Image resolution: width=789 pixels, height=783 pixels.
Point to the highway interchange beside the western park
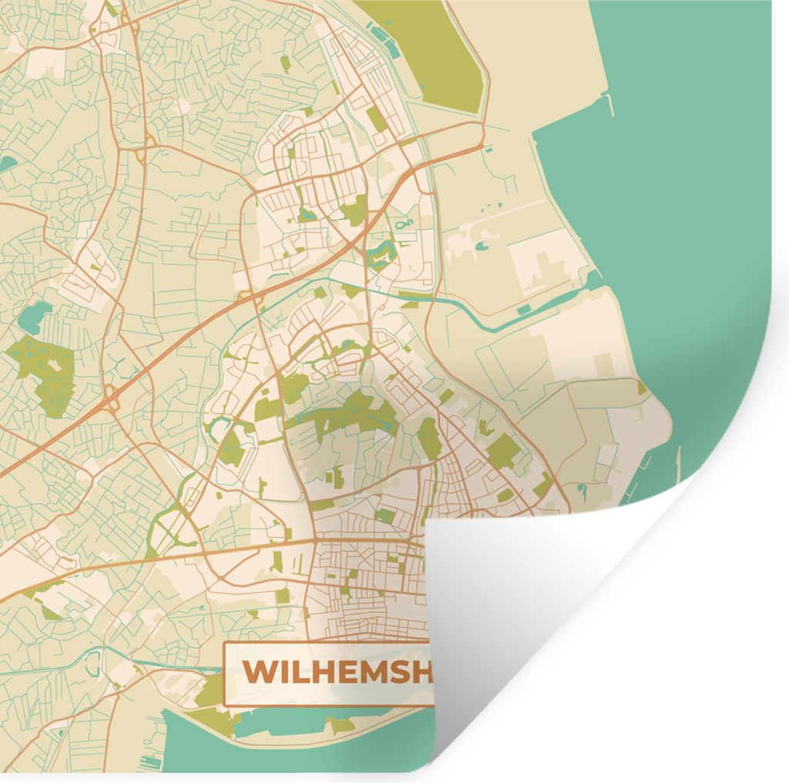coord(112,399)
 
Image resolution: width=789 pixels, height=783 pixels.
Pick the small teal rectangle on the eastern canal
coord(523,310)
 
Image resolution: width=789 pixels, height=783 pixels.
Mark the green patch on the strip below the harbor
coord(340,724)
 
